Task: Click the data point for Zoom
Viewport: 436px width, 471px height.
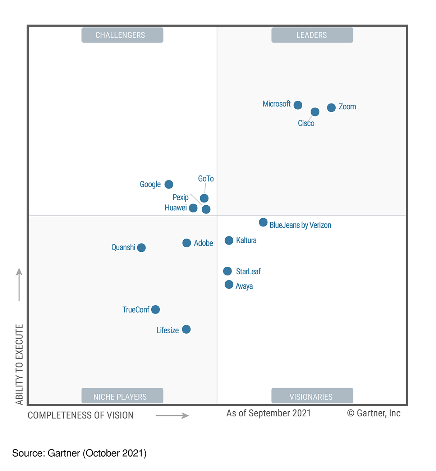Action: tap(331, 108)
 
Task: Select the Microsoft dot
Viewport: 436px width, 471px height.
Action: tap(298, 105)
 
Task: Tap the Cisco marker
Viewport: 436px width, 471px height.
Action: tap(315, 112)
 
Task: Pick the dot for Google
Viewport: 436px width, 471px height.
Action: tap(169, 184)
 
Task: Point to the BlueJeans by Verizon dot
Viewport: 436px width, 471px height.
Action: tap(263, 223)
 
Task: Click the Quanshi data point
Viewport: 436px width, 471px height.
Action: tap(141, 248)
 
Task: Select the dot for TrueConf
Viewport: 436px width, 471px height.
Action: tap(155, 310)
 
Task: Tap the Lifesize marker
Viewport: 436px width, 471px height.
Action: tap(186, 329)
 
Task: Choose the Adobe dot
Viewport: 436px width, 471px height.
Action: tap(187, 243)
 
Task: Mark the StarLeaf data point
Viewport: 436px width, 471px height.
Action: tap(228, 271)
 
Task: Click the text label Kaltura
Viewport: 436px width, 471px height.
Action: tap(246, 240)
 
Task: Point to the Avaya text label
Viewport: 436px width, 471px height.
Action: tap(244, 286)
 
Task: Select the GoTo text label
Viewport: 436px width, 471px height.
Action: tap(206, 179)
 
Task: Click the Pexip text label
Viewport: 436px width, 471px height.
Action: tap(180, 197)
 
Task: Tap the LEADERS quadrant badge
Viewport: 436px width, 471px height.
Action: tap(312, 35)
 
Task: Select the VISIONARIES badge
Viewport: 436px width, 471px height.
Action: tap(312, 396)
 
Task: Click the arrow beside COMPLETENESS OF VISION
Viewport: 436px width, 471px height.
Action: tap(172, 416)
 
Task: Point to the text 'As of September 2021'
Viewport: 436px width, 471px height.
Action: tap(269, 413)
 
